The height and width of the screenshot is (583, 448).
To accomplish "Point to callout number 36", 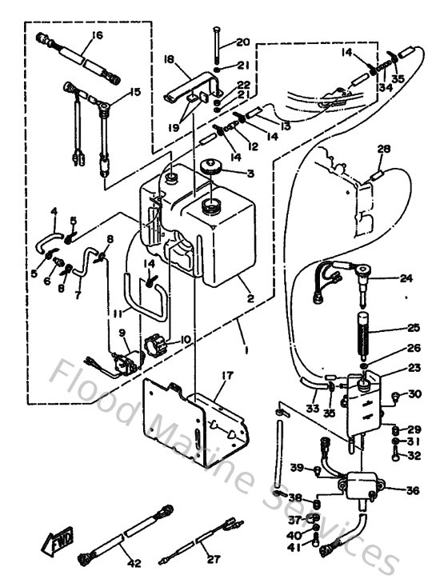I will pyautogui.click(x=413, y=491).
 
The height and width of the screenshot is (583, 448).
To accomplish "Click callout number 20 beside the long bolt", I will pyautogui.click(x=243, y=42).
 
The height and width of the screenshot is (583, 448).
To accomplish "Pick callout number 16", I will pyautogui.click(x=98, y=35).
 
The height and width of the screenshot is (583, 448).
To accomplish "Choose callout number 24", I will pyautogui.click(x=406, y=279).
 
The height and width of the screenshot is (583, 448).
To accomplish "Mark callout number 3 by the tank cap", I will pyautogui.click(x=250, y=174).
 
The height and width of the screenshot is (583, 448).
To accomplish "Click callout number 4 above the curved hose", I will pyautogui.click(x=54, y=212).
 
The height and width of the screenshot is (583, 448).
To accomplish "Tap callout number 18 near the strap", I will pyautogui.click(x=169, y=59).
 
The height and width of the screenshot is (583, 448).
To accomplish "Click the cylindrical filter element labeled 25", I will pyautogui.click(x=364, y=327).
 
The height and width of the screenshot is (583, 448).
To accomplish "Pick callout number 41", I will pyautogui.click(x=294, y=547).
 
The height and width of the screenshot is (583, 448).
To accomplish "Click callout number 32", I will pyautogui.click(x=414, y=457).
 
